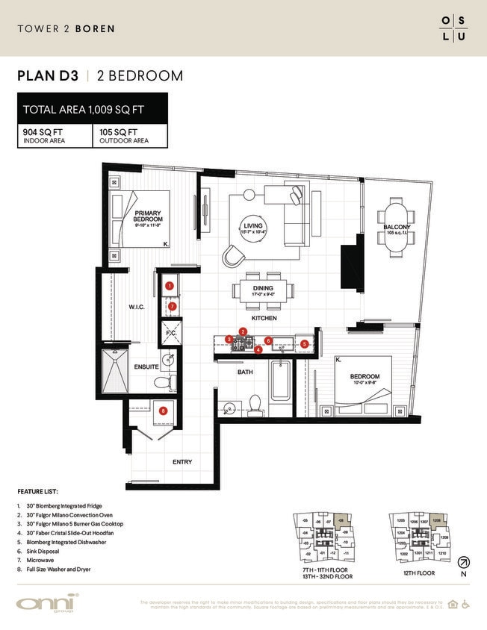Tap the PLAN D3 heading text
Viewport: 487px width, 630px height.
click(49, 76)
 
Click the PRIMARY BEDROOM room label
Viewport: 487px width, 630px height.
click(148, 216)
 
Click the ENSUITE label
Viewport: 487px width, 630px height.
click(146, 367)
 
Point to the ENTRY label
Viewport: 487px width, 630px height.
click(182, 462)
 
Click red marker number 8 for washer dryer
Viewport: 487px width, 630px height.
click(163, 409)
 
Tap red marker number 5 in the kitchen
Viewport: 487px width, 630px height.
click(304, 344)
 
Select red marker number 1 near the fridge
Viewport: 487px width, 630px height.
click(170, 286)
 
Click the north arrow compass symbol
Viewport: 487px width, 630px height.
click(464, 561)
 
